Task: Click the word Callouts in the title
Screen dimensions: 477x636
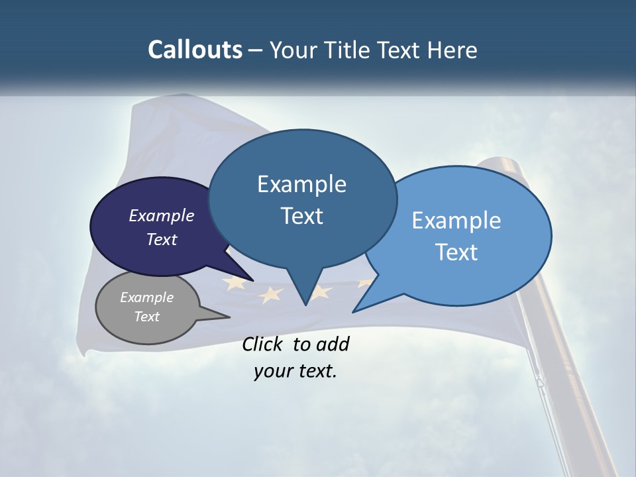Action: pyautogui.click(x=195, y=50)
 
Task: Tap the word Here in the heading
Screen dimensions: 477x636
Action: pyautogui.click(x=451, y=50)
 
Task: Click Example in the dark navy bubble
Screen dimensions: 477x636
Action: pyautogui.click(x=162, y=215)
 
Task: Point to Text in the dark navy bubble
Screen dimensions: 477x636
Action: pyautogui.click(x=162, y=239)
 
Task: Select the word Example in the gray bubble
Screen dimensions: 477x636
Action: pyautogui.click(x=147, y=297)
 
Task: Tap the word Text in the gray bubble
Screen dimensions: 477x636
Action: pyautogui.click(x=147, y=317)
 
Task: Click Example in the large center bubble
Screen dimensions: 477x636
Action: pyautogui.click(x=301, y=184)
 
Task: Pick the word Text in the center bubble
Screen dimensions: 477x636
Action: pyautogui.click(x=302, y=216)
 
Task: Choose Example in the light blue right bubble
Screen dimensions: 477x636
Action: pyautogui.click(x=456, y=221)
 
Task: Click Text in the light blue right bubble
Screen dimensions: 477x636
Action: pyautogui.click(x=457, y=252)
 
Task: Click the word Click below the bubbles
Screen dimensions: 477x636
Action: pyautogui.click(x=264, y=344)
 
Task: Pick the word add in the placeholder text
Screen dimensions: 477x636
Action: pyautogui.click(x=333, y=344)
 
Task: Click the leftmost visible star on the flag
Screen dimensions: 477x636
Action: pyautogui.click(x=233, y=284)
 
